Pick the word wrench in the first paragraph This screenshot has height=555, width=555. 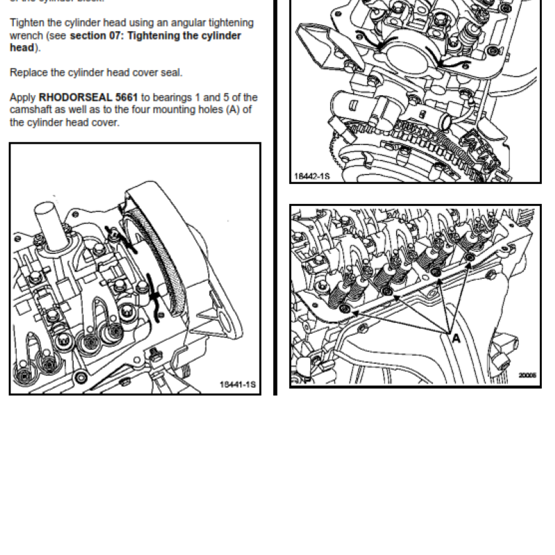pyautogui.click(x=26, y=35)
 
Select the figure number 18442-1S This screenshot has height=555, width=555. pyautogui.click(x=311, y=177)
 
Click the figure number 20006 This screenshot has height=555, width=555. pyautogui.click(x=527, y=375)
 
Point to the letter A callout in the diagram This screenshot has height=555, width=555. pyautogui.click(x=456, y=339)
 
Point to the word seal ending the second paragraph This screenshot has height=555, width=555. pyautogui.click(x=172, y=72)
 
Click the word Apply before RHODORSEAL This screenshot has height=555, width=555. pyautogui.click(x=23, y=97)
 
